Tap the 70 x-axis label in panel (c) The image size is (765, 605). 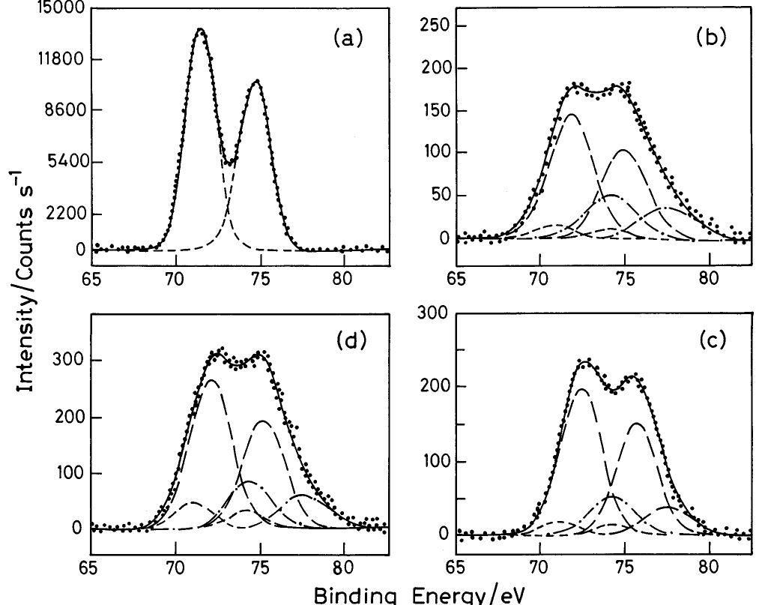click(539, 567)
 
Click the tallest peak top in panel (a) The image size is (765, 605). click(200, 30)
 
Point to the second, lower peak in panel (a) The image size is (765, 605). click(257, 81)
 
